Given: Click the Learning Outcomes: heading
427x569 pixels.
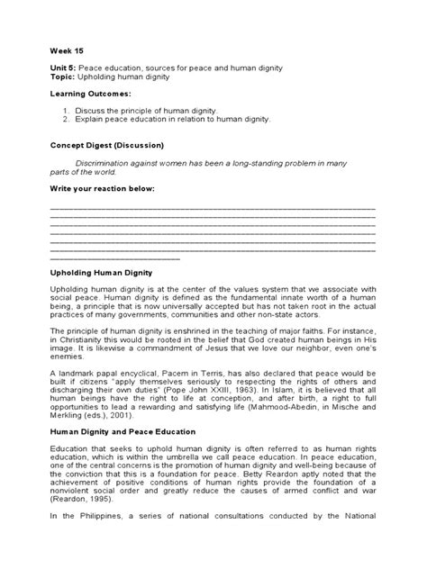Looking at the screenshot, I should [x=89, y=94].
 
